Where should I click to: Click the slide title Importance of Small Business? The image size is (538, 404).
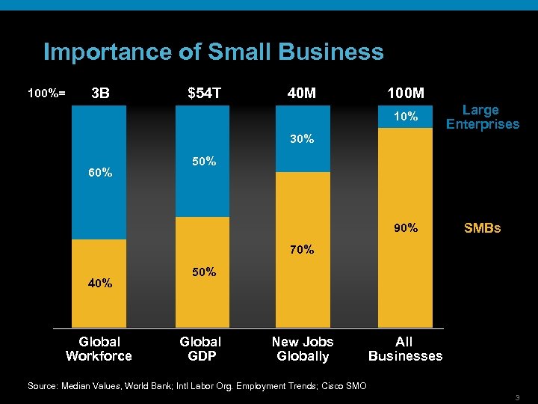pos(213,52)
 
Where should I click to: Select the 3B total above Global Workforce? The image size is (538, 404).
pos(99,94)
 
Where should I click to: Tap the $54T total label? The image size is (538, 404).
pos(204,94)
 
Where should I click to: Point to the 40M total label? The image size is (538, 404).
pos(302,94)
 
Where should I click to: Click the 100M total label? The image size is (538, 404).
pos(406,94)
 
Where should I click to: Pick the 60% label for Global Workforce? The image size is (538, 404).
pos(100,173)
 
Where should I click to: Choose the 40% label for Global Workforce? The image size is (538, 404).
pos(100,283)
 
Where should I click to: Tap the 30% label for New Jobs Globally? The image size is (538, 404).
pos(302,139)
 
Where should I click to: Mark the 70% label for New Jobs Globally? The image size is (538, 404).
pos(302,249)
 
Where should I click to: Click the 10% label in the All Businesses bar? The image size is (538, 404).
pos(406,117)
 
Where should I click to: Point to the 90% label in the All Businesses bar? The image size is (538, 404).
pos(406,227)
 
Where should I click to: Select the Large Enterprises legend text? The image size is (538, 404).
pos(482,117)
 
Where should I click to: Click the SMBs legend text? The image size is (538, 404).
pos(482,227)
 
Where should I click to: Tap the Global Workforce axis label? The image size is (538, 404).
pos(99,349)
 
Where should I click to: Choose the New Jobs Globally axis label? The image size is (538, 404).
pos(303,349)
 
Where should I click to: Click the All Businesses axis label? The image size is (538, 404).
pos(405,349)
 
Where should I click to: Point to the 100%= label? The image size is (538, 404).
pos(46,94)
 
